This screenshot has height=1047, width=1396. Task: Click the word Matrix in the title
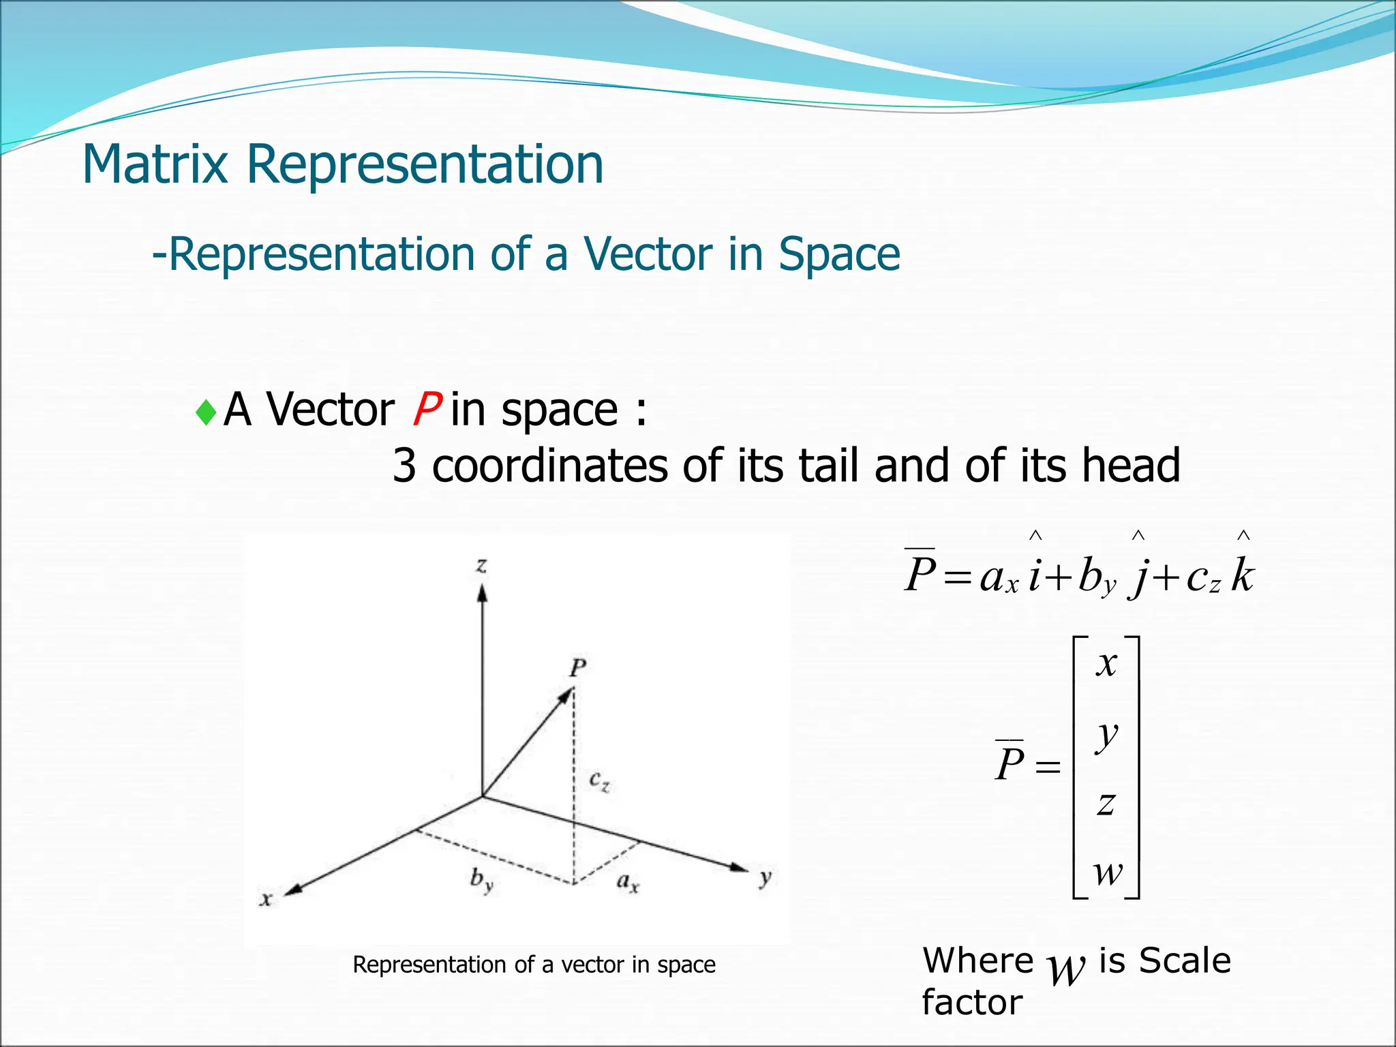(x=155, y=164)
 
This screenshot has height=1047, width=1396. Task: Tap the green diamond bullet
(x=205, y=412)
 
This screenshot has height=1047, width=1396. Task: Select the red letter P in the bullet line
(x=426, y=410)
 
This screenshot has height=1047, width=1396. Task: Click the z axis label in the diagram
(x=482, y=565)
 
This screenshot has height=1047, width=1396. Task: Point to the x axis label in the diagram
(x=267, y=899)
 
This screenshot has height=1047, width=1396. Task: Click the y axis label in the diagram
(x=766, y=877)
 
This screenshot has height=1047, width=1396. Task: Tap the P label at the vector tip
(x=578, y=667)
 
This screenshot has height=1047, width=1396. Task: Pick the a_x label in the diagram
(x=628, y=883)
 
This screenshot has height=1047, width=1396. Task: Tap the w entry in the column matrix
(x=1108, y=872)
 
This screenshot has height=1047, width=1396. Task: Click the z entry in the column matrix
(x=1106, y=804)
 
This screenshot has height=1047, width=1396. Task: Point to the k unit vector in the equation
(x=1243, y=575)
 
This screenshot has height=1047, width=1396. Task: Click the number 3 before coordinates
(x=404, y=466)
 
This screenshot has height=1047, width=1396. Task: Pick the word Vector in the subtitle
(x=650, y=254)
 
